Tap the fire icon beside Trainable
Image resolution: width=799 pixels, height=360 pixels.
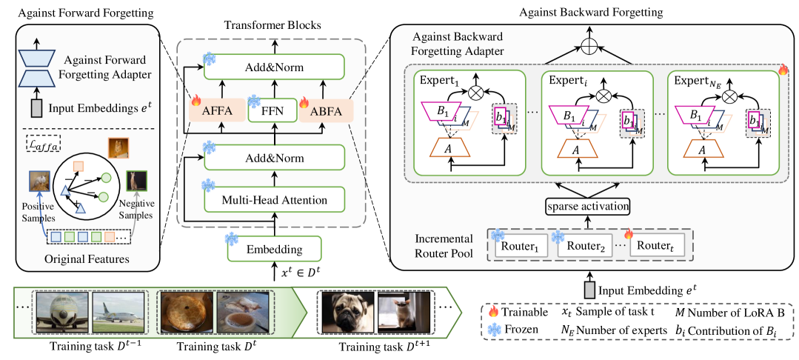coord(492,313)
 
